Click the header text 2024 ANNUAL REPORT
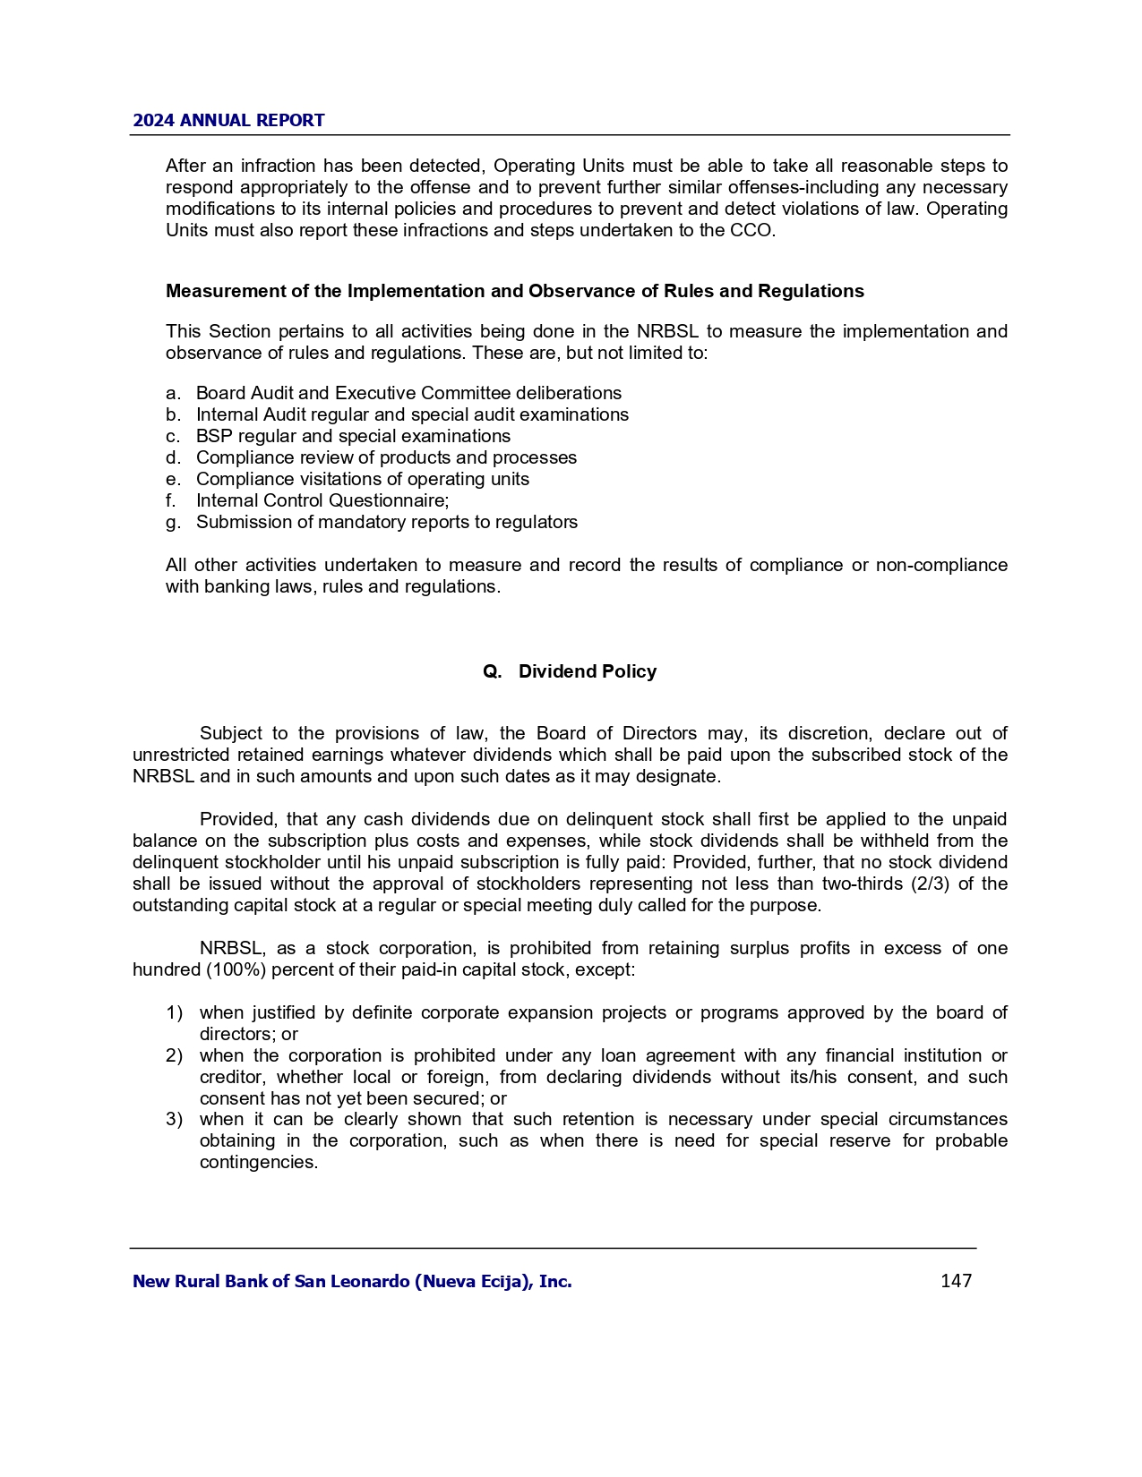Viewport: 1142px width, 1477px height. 228,121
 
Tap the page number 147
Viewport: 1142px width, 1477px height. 956,1281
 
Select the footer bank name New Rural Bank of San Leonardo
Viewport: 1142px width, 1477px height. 352,1282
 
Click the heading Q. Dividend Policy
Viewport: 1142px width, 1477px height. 570,671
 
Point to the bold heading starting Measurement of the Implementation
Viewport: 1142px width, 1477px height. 515,291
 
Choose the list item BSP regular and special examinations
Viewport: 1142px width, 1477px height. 353,436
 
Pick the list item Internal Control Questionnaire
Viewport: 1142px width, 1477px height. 322,500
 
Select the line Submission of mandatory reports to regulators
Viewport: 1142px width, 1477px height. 387,522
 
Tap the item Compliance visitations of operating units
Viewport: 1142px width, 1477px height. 363,479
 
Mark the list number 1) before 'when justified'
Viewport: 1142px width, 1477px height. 174,1012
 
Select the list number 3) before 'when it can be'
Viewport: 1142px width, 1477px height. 174,1119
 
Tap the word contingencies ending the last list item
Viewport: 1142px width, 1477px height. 258,1162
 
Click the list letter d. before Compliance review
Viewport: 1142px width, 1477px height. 173,457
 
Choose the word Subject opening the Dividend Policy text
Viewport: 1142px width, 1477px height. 230,734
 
